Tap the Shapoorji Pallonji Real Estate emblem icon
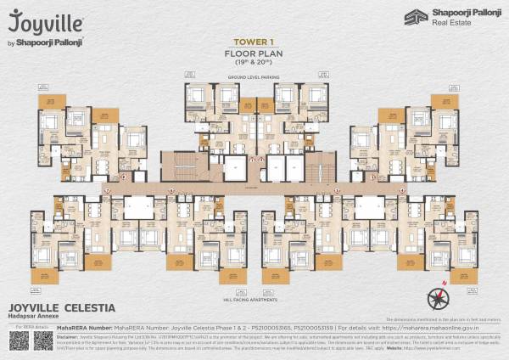(414, 17)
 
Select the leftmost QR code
(19, 340)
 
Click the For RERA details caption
(31, 325)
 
